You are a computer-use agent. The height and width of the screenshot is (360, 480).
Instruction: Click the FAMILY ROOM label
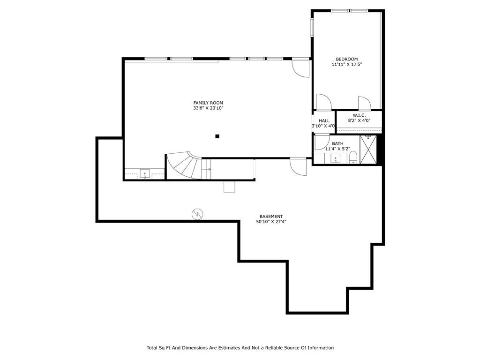(208, 103)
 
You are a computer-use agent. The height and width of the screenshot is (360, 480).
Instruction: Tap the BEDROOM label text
(347, 59)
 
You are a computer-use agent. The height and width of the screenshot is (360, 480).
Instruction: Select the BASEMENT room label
(271, 217)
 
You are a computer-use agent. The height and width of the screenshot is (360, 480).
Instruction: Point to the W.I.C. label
(359, 115)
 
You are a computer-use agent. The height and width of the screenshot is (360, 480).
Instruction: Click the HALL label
(324, 120)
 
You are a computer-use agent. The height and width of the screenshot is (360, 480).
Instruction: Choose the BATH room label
(337, 143)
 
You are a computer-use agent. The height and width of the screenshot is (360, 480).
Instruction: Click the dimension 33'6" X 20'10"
(208, 108)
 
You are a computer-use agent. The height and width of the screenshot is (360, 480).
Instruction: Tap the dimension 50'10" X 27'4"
(271, 222)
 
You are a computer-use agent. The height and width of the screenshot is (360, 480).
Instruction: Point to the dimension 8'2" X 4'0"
(359, 120)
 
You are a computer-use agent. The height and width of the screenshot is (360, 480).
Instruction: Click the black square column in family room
(217, 136)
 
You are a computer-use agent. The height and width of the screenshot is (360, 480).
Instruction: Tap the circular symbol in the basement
(197, 214)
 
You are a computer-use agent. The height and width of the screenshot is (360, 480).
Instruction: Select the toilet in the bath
(353, 157)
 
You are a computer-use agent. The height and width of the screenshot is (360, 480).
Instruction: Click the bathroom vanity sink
(336, 159)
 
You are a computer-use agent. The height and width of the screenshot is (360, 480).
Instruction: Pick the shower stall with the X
(368, 150)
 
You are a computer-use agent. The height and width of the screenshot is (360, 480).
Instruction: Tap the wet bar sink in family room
(145, 174)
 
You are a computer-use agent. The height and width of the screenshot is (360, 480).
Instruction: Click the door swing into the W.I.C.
(365, 104)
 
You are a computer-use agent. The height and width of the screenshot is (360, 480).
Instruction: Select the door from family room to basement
(299, 166)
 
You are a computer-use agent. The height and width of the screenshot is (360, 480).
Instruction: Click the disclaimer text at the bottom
(240, 348)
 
